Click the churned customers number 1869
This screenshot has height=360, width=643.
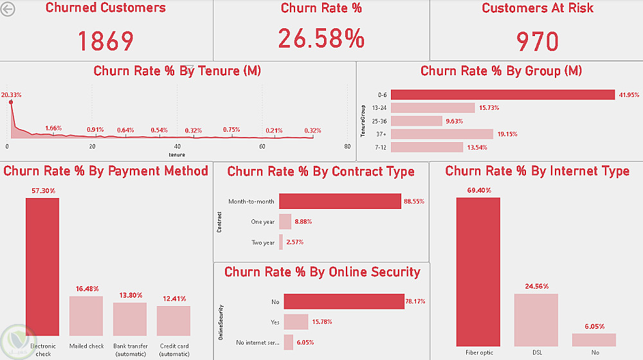(105, 41)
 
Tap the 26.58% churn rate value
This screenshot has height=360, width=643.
(321, 39)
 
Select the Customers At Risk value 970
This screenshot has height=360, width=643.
(538, 41)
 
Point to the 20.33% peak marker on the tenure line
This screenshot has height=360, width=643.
(11, 102)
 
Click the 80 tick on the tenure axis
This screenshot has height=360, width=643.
(347, 147)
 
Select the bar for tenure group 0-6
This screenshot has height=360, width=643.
(502, 95)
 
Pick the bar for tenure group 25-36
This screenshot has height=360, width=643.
(416, 121)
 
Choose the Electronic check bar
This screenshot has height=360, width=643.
(42, 267)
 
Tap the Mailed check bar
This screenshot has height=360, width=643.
(86, 316)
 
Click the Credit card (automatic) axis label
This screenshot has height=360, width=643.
(174, 350)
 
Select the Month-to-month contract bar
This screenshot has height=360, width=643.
(340, 201)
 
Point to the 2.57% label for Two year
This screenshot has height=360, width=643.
(295, 242)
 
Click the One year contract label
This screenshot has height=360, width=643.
(262, 222)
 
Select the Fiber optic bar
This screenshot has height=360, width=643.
(478, 272)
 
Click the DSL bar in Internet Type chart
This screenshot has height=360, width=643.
(536, 320)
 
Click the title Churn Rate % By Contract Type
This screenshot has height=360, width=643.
(321, 172)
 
